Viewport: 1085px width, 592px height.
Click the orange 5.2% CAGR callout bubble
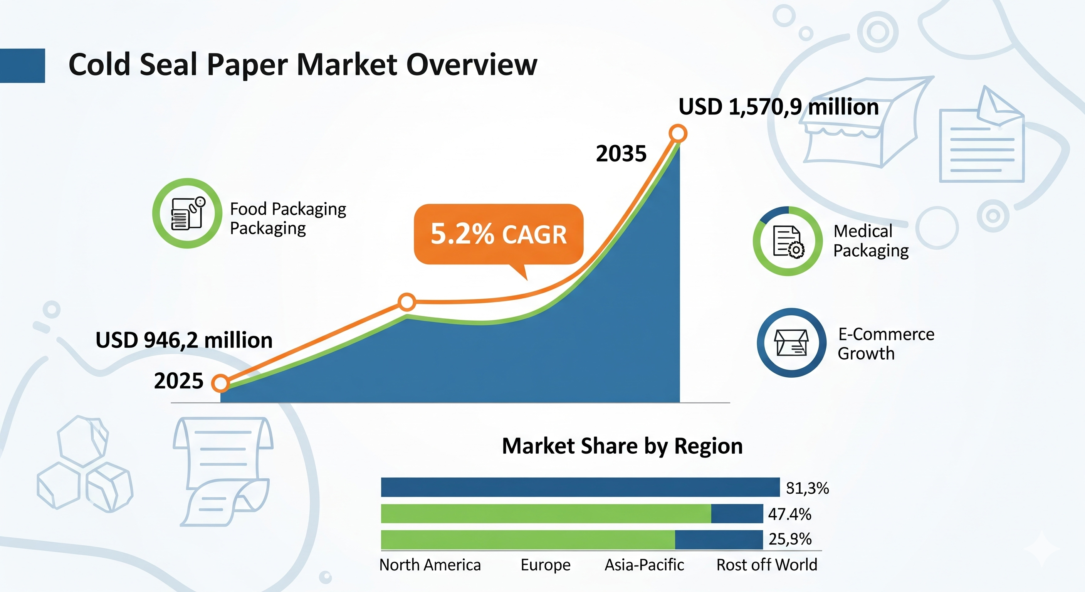coord(499,234)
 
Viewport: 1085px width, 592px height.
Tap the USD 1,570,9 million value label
coord(778,107)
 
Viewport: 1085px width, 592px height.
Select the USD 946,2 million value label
coord(184,340)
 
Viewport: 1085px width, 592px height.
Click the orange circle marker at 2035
coord(678,134)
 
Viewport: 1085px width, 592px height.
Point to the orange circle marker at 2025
coord(220,383)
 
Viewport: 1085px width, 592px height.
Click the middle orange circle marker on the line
coord(407,302)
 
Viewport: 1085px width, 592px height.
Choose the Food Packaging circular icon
coord(187,213)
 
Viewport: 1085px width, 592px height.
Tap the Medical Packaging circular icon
coord(788,241)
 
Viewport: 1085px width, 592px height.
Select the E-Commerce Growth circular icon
coord(791,343)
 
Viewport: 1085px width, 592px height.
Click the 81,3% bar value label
coord(808,488)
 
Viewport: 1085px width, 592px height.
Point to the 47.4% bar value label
coord(790,514)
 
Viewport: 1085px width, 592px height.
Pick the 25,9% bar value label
coord(790,539)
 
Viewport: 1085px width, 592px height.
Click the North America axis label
coord(430,565)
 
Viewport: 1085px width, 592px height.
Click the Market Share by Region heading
coord(623,446)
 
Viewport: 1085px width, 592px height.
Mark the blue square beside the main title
coord(22,66)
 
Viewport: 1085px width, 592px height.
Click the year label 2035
coord(621,153)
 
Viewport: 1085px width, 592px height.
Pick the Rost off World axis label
coord(767,565)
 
